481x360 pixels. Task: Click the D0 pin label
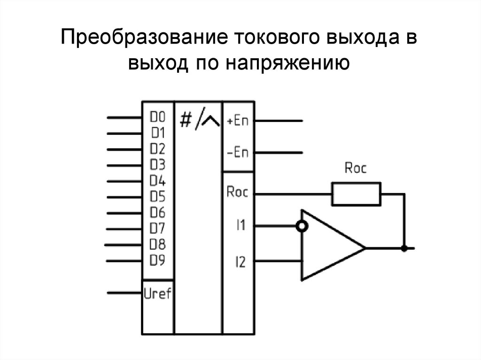coord(158,116)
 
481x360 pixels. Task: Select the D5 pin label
coord(158,197)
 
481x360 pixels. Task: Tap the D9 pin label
coord(158,260)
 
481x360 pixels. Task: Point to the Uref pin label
coord(158,294)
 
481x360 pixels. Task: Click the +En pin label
coord(237,121)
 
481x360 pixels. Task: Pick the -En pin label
coord(237,153)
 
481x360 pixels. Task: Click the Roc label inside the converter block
coord(237,192)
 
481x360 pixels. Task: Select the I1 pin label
coord(240,226)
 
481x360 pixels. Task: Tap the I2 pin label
coord(240,262)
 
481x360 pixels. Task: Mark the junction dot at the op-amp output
coord(403,248)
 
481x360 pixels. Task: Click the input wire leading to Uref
coord(124,293)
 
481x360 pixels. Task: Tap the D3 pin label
coord(158,165)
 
